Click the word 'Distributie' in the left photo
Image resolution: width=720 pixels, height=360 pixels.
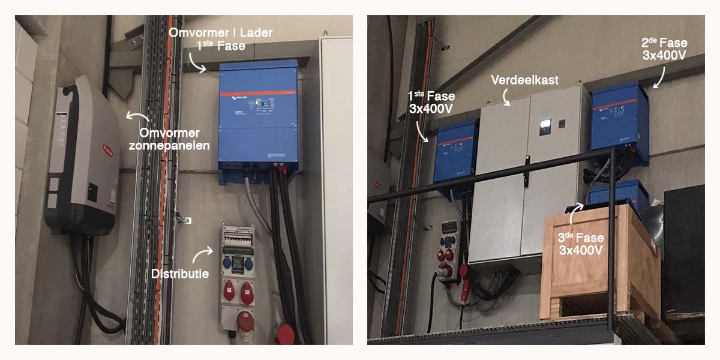coord(179,274)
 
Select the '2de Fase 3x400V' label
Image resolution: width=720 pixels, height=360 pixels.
coord(664,49)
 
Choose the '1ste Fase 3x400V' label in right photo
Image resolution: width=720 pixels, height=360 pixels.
coord(430,103)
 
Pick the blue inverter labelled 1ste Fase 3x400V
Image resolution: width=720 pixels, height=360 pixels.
coord(456,158)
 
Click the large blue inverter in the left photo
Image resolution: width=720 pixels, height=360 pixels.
coord(259,117)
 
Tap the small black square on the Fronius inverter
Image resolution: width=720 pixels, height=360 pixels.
coord(92,193)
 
